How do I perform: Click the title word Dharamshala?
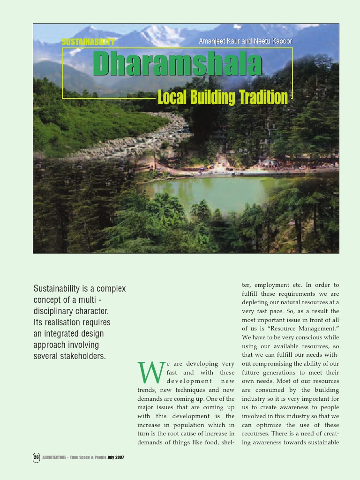[x=177, y=64]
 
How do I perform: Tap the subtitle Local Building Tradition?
[x=223, y=97]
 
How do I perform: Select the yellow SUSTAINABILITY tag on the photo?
[x=89, y=42]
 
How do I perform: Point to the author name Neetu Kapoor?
[x=273, y=41]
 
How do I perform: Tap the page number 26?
[x=36, y=457]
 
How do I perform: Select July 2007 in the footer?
[x=116, y=457]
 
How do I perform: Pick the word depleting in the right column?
[x=256, y=302]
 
